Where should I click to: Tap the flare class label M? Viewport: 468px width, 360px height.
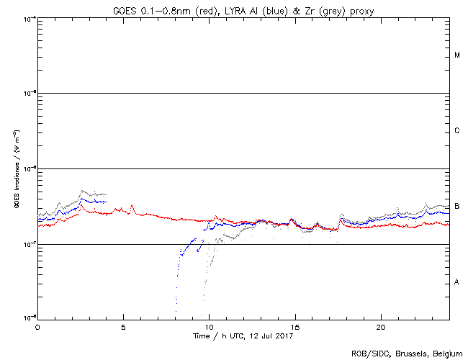coord(457,55)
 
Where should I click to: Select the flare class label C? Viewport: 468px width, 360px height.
coord(457,131)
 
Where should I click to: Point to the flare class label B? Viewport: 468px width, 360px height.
coord(457,207)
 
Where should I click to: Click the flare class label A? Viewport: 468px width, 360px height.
coord(457,282)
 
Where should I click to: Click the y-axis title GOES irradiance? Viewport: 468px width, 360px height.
coord(16,169)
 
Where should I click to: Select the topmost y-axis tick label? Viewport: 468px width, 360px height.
coord(30,18)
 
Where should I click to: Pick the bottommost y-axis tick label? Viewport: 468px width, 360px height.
coord(30,317)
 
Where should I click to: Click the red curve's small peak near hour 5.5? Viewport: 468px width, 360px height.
coord(132,206)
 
